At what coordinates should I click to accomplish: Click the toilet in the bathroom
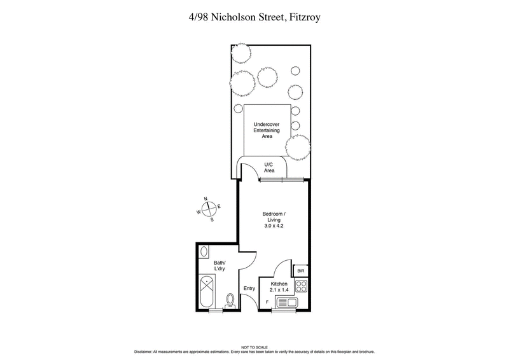click(x=231, y=300)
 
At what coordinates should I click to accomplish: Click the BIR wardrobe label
click(x=301, y=270)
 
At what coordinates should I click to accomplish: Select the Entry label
click(x=249, y=288)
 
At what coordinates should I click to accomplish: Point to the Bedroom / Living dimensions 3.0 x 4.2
click(x=274, y=226)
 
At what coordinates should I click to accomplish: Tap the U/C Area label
click(x=269, y=168)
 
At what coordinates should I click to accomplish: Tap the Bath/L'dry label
click(x=220, y=265)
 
